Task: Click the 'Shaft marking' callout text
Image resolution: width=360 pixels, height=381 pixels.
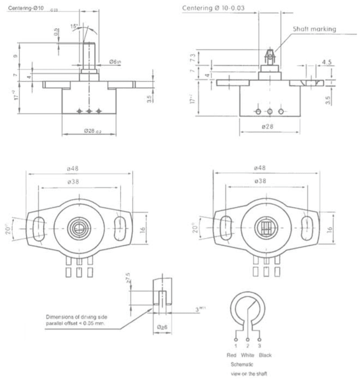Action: [x=314, y=29]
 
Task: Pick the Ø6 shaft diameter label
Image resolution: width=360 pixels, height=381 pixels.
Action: [x=114, y=62]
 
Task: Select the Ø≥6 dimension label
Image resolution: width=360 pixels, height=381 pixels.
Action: [x=161, y=327]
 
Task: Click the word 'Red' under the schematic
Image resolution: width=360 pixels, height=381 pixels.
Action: [x=231, y=355]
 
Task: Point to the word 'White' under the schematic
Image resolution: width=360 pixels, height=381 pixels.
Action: [x=247, y=355]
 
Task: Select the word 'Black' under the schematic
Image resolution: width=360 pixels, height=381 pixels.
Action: [x=265, y=355]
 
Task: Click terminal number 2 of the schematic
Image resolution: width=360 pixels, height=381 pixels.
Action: [x=247, y=345]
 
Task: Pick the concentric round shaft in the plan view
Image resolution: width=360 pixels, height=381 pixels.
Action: [x=78, y=228]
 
